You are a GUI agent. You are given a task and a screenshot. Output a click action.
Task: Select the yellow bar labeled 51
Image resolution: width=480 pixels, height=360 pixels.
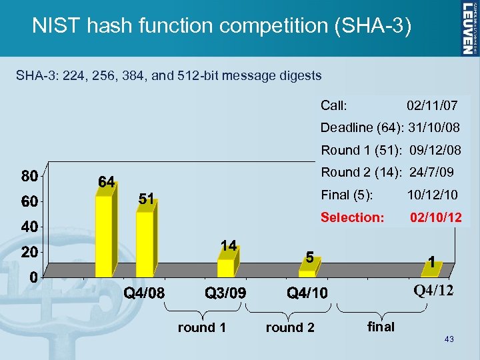pyautogui.click(x=145, y=243)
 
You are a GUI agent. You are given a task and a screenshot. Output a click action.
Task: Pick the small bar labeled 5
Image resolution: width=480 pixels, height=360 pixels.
pyautogui.click(x=307, y=272)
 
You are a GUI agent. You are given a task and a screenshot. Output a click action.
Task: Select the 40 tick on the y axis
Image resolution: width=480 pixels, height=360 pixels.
pyautogui.click(x=28, y=227)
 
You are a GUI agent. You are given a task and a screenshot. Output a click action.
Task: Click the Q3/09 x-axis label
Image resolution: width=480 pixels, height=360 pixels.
pyautogui.click(x=225, y=293)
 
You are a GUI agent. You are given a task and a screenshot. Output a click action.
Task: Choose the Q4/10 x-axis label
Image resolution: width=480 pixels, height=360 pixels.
pyautogui.click(x=307, y=293)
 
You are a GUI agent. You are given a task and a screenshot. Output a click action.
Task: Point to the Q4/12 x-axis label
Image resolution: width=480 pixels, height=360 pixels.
pyautogui.click(x=433, y=291)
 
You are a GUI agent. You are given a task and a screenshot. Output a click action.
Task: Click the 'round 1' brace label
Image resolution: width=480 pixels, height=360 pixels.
pyautogui.click(x=201, y=327)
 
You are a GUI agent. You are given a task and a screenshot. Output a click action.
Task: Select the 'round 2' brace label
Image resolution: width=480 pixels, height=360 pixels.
pyautogui.click(x=290, y=327)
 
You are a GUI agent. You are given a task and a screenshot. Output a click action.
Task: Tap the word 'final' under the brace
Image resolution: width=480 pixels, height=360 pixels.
pyautogui.click(x=381, y=327)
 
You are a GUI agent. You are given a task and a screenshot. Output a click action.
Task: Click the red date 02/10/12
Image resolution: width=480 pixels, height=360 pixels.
pyautogui.click(x=435, y=218)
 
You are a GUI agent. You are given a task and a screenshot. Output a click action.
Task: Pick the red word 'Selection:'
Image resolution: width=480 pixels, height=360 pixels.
pyautogui.click(x=353, y=218)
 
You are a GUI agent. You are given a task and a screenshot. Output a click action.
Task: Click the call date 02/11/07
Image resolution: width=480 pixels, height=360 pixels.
pyautogui.click(x=432, y=105)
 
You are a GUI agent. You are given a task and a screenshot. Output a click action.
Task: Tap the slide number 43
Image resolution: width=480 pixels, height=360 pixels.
pyautogui.click(x=449, y=340)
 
